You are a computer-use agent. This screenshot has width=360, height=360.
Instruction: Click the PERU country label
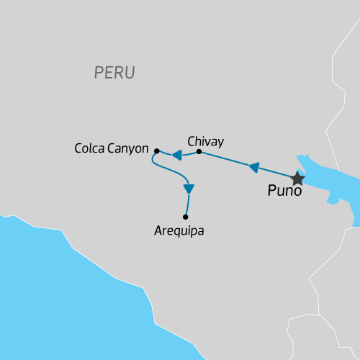tap(114, 73)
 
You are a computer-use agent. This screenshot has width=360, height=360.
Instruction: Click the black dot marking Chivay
tap(199, 151)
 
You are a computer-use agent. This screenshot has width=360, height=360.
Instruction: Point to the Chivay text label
tap(205, 141)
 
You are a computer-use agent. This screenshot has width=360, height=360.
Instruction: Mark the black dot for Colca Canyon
tap(156, 150)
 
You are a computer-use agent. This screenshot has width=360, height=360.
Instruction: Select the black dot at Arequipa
tap(186, 217)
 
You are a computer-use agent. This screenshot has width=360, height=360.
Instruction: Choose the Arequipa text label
tap(180, 230)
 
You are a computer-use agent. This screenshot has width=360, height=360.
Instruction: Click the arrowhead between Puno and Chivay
tap(253, 167)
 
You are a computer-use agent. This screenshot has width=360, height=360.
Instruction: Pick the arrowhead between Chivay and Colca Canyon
tap(175, 154)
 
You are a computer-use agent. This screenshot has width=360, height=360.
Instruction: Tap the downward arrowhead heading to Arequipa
tap(189, 189)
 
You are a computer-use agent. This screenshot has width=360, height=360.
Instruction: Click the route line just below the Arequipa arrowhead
tap(187, 203)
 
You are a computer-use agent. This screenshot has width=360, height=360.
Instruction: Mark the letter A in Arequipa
tap(158, 230)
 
